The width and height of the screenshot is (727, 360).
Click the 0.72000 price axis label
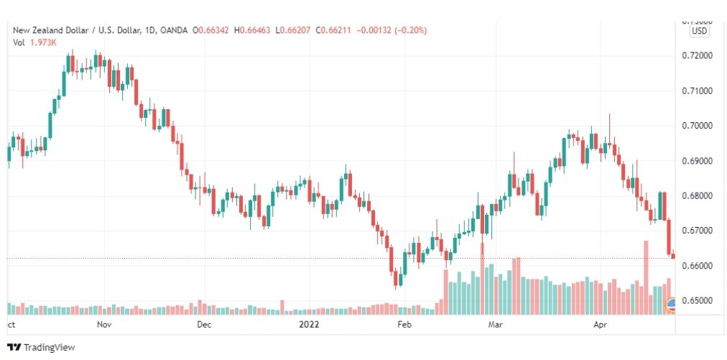(698, 55)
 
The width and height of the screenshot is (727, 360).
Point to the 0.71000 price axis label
(698, 91)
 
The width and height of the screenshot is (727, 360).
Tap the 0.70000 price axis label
(698, 126)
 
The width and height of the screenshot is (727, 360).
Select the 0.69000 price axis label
(698, 161)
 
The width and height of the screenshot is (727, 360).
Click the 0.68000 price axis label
(698, 195)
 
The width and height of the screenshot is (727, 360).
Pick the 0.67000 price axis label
(698, 231)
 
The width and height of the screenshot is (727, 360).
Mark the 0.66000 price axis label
(698, 266)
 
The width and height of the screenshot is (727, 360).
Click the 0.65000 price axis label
(698, 300)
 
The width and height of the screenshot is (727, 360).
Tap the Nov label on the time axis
(104, 324)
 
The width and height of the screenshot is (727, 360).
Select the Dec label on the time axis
(203, 324)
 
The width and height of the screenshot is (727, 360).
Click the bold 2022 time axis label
(310, 324)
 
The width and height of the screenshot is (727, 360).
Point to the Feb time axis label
(406, 324)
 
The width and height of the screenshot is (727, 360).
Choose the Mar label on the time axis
(495, 324)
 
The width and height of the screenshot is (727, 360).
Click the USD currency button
(698, 31)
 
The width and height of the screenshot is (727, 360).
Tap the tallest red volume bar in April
(646, 277)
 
